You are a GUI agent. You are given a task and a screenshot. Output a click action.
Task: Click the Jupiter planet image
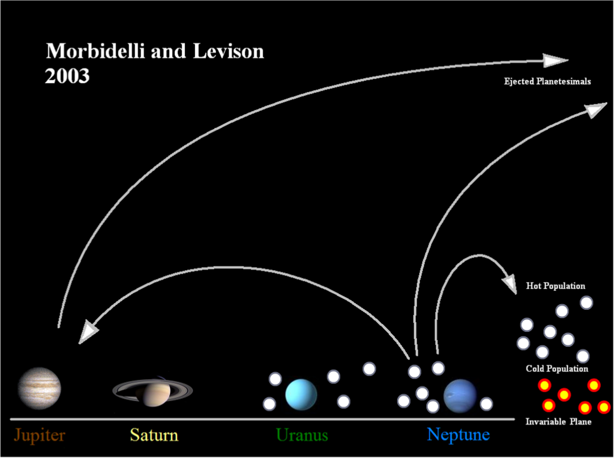point(39,389)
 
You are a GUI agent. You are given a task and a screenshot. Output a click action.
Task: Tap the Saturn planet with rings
point(153,391)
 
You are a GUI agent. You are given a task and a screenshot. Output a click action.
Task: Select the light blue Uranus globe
point(301,394)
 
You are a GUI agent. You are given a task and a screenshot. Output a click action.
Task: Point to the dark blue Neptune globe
point(460,396)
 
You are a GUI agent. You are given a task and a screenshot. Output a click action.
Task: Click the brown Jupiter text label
point(39,436)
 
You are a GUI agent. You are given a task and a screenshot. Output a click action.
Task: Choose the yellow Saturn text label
point(154,435)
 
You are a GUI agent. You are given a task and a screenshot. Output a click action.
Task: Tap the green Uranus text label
point(302,435)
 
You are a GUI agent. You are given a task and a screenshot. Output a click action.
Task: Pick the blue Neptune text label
point(458,435)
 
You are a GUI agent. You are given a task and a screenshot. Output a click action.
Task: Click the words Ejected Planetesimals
point(547,81)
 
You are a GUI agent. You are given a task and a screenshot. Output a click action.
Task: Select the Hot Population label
point(555,286)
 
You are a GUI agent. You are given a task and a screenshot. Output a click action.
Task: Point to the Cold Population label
point(557,369)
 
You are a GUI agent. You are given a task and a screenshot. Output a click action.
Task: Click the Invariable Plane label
point(558,422)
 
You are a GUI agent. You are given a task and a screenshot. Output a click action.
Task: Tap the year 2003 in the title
point(67,76)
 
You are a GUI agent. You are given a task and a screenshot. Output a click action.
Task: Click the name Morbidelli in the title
point(95,51)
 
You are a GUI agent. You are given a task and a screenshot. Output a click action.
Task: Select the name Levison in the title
point(228,51)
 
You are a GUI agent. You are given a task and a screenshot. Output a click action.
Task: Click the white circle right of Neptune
point(486,404)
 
